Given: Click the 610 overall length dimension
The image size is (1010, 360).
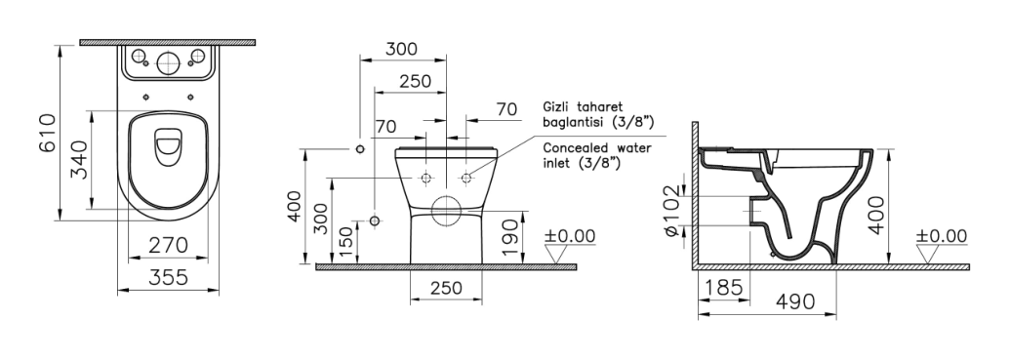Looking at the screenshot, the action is (49, 134).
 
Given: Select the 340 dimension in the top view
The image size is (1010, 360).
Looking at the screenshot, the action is (79, 160).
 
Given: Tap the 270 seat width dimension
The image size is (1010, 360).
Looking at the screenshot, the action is (168, 246).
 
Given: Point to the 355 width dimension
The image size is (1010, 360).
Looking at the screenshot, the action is (168, 277).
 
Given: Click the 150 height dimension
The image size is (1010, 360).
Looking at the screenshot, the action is (345, 242).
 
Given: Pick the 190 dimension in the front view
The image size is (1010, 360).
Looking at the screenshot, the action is (509, 237).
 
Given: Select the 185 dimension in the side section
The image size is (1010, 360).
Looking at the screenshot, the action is (724, 287).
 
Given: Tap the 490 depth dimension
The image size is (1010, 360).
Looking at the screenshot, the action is (795, 301).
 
